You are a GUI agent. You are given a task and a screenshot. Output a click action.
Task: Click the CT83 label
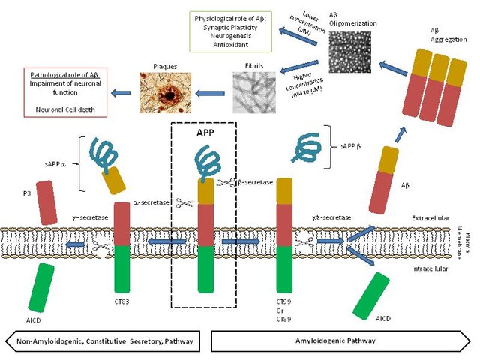tap(121, 302)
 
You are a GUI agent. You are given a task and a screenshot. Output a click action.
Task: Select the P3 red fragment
tap(46, 202)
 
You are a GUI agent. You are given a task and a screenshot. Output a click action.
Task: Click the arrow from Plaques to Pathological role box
tap(122, 93)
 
